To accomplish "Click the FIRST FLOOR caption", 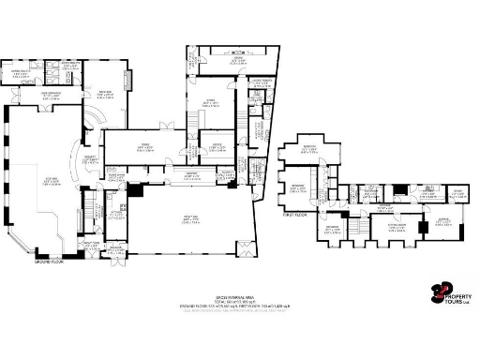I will coord(295,214).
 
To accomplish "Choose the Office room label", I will coord(215,146).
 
